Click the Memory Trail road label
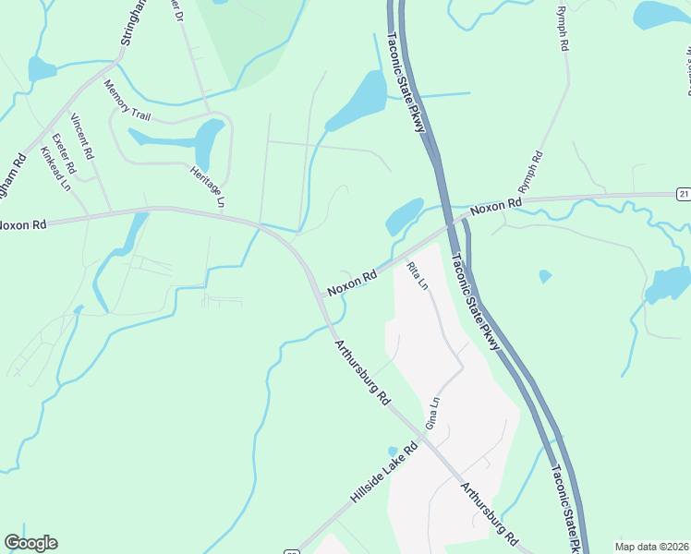click(x=127, y=102)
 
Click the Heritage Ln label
click(x=208, y=185)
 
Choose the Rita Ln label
click(x=418, y=276)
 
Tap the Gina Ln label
click(x=430, y=412)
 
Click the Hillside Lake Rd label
click(x=384, y=472)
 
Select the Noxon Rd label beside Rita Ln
click(x=353, y=281)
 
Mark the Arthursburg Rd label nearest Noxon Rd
click(x=361, y=373)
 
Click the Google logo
click(x=30, y=543)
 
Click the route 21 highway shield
click(x=683, y=193)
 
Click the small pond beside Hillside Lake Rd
click(x=393, y=452)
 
